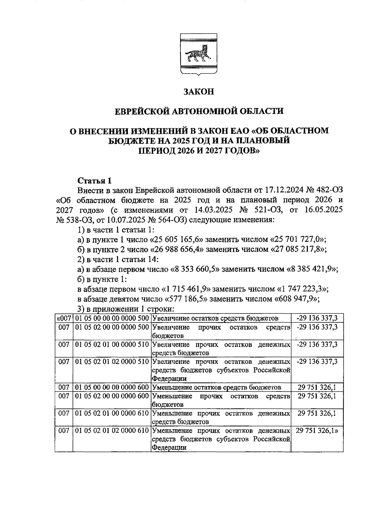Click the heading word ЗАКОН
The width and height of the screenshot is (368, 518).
click(x=198, y=92)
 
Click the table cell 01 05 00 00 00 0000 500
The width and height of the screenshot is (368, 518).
click(x=112, y=318)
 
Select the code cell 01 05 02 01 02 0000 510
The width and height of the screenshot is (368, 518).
click(x=112, y=362)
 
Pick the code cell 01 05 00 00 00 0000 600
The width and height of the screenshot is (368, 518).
click(x=112, y=387)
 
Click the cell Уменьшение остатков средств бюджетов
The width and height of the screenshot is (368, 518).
click(x=217, y=387)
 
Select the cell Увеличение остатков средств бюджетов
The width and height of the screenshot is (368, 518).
click(x=215, y=318)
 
